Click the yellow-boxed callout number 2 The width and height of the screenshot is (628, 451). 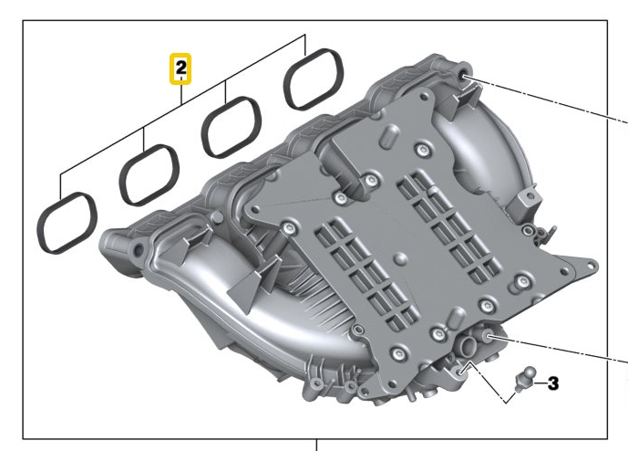pos(182,68)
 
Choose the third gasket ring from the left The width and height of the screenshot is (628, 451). pos(232,128)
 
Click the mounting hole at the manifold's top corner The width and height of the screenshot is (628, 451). pos(466,75)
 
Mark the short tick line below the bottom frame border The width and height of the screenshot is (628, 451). pos(316,446)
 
